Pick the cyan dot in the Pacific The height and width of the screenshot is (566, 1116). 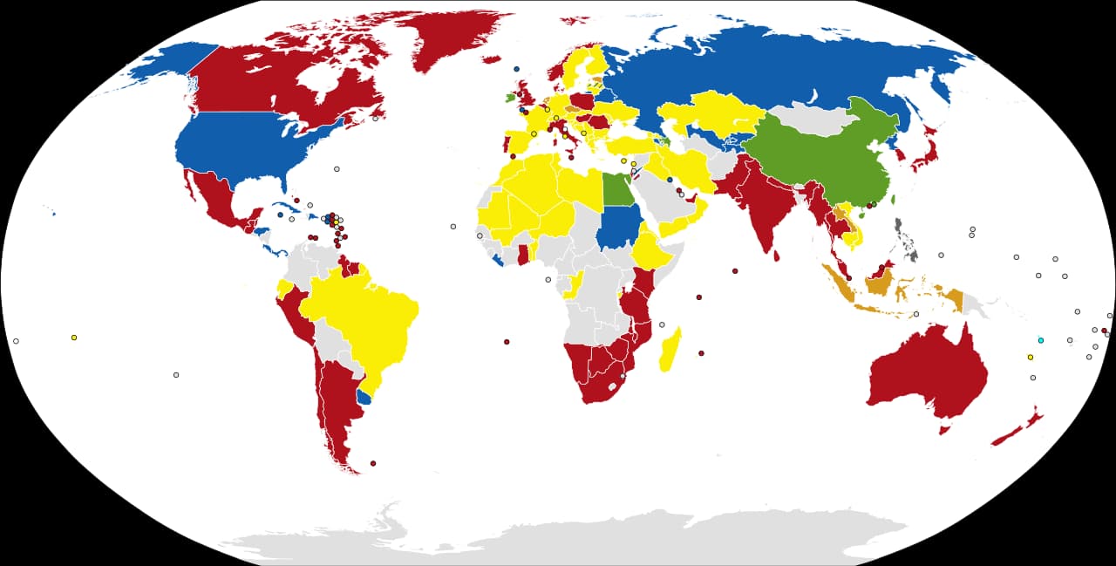click(1040, 339)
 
